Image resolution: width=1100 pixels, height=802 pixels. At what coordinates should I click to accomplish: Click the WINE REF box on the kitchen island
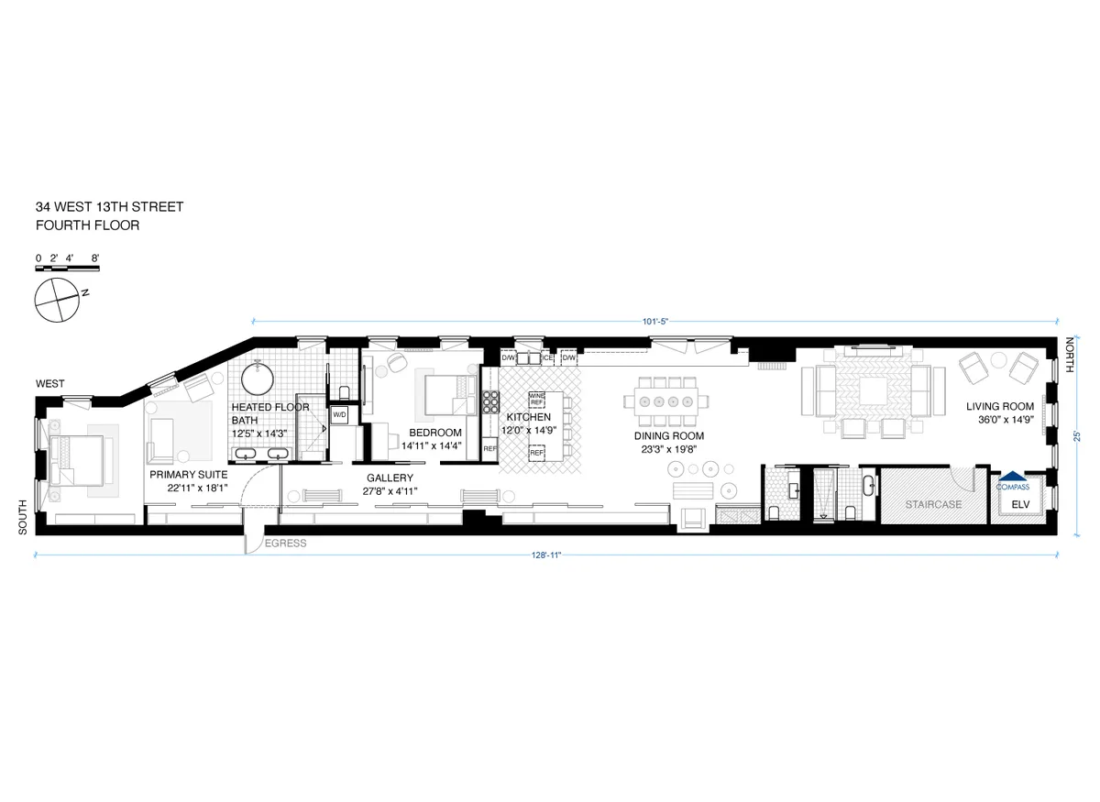pos(537,400)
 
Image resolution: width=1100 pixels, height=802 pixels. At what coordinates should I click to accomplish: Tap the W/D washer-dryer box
pos(339,414)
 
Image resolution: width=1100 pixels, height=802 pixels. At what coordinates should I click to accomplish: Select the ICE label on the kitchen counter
pos(547,357)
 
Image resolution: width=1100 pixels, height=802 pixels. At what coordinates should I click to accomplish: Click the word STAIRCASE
pos(933,504)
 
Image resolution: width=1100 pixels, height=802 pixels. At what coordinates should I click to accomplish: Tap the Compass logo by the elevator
pos(1012,480)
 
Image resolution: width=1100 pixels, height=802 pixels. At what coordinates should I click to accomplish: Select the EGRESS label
pos(285,544)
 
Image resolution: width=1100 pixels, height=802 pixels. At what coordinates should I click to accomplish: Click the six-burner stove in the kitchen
pos(489,403)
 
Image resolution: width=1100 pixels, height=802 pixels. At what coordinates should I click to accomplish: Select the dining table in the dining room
pos(667,401)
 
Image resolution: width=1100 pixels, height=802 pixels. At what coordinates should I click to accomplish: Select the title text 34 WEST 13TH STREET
pos(109,207)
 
